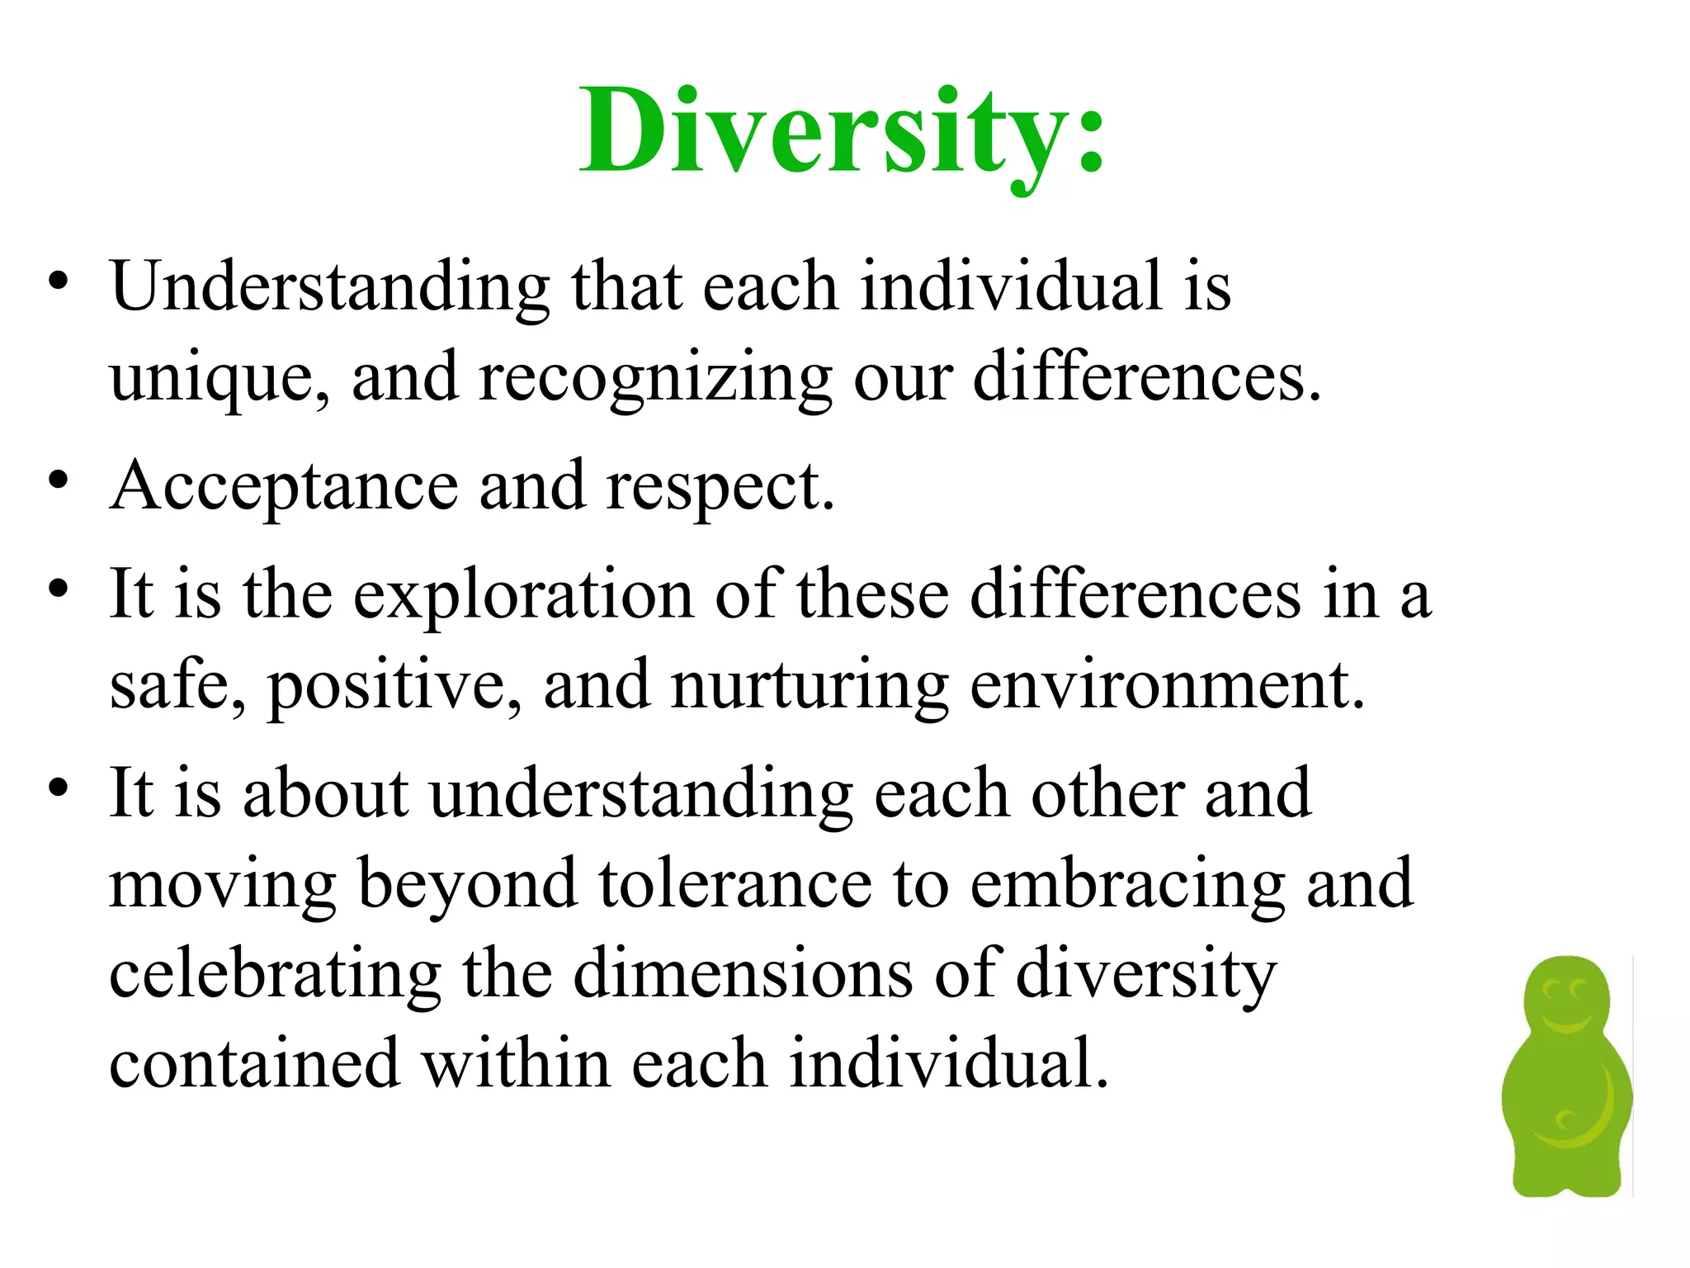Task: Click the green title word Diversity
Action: click(x=842, y=132)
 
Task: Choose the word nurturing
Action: click(x=809, y=687)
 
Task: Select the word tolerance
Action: click(x=734, y=885)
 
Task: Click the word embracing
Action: click(x=1127, y=885)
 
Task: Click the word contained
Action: click(x=255, y=1065)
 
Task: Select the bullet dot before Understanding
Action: click(x=57, y=282)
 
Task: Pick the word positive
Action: click(x=394, y=687)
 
